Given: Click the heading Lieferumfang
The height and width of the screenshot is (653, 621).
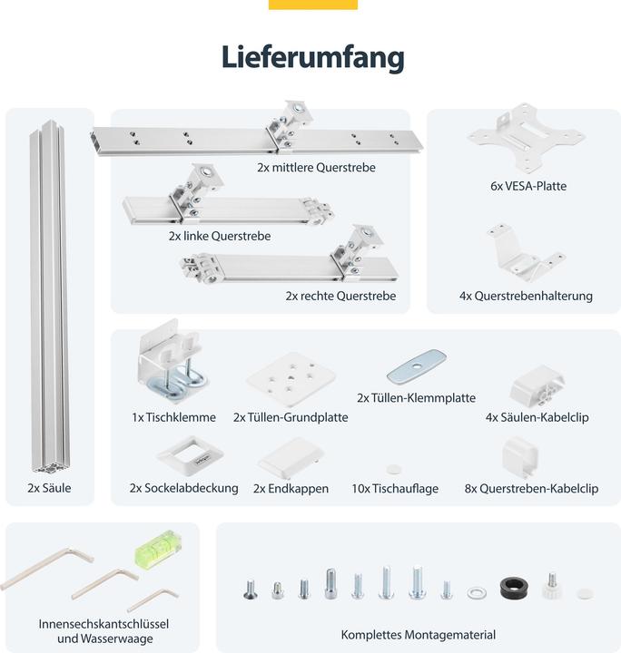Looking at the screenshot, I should click(x=312, y=57).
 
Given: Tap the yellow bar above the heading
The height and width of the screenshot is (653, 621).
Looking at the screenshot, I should click(x=312, y=5).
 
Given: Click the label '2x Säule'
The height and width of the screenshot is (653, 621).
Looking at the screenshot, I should click(x=49, y=488).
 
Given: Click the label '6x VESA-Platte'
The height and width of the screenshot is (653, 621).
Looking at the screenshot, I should click(x=523, y=186).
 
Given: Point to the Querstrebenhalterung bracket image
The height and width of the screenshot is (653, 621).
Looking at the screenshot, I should click(x=523, y=254).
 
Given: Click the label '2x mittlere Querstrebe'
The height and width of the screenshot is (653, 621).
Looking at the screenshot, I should click(x=316, y=168).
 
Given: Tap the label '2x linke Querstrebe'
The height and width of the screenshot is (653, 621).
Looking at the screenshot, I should click(x=219, y=236).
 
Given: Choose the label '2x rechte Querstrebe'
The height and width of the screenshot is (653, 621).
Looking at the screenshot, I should click(x=340, y=296).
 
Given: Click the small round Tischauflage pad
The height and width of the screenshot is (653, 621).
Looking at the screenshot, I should click(x=393, y=469).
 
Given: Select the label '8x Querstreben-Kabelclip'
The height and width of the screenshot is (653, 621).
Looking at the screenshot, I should click(x=531, y=488).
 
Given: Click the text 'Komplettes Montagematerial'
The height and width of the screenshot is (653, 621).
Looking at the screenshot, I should click(x=419, y=635).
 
